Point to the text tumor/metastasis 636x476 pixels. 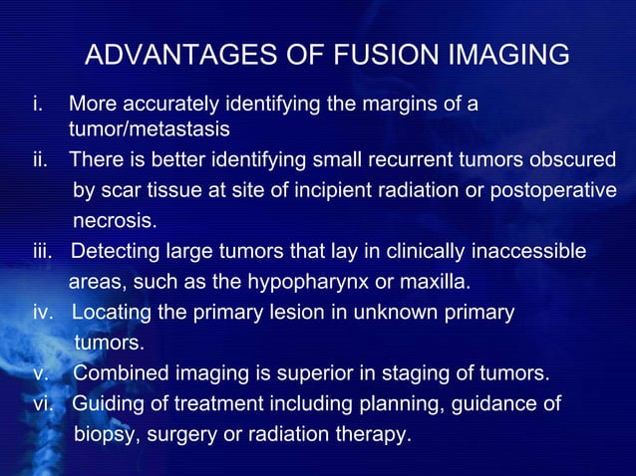pyautogui.click(x=150, y=129)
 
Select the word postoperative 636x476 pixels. pyautogui.click(x=553, y=190)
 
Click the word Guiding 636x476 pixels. pyautogui.click(x=105, y=404)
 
